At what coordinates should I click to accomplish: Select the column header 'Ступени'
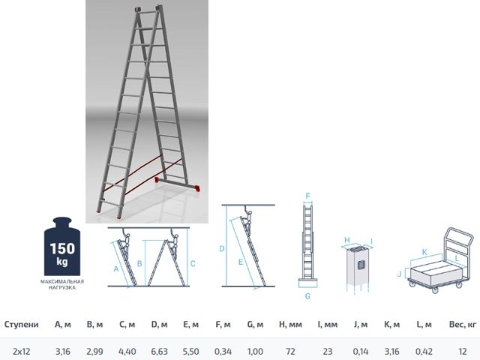(x=21, y=325)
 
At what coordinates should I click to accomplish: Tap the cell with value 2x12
(x=21, y=351)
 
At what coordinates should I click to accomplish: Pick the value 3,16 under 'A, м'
(x=63, y=351)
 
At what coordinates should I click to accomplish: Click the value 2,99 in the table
(x=94, y=351)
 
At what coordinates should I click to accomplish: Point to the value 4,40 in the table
(x=126, y=351)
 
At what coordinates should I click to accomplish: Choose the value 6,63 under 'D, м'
(x=159, y=351)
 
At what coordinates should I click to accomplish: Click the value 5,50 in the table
(x=190, y=351)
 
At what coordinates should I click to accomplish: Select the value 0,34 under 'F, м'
(x=223, y=351)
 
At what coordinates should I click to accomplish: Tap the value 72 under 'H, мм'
(x=291, y=351)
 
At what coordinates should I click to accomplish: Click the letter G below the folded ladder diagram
(x=307, y=296)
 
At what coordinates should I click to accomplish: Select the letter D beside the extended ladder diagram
(x=222, y=248)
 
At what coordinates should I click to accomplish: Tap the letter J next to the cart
(x=399, y=274)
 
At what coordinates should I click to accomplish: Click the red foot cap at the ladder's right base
(x=197, y=188)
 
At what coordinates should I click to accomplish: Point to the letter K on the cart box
(x=424, y=252)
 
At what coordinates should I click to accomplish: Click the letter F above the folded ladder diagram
(x=307, y=195)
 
